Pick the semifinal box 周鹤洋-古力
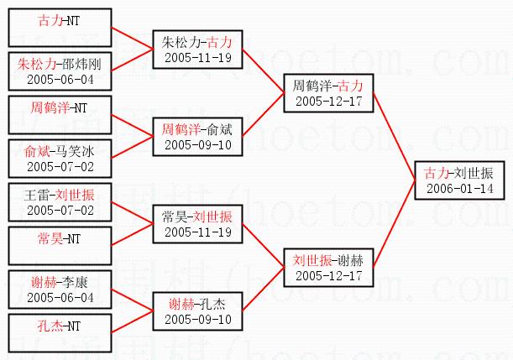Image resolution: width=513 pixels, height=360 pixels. point(327,92)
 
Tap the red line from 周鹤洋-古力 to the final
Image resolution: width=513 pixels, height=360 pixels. point(393,134)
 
